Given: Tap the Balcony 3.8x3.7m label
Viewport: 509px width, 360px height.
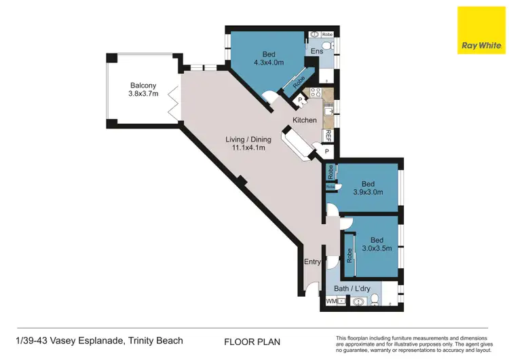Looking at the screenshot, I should tap(144, 90).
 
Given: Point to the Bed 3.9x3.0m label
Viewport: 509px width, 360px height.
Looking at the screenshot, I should tap(368, 187).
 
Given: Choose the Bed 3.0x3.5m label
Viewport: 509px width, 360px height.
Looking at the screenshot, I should tap(377, 245).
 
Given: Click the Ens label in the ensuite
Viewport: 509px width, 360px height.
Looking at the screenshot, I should tap(316, 50).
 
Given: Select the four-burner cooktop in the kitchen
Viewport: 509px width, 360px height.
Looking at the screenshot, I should tap(315, 92).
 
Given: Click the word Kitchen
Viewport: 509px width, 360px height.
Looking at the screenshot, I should tap(305, 120).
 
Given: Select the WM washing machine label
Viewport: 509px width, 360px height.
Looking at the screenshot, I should tap(331, 300).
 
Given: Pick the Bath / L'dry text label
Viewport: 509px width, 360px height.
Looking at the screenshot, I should tap(351, 289).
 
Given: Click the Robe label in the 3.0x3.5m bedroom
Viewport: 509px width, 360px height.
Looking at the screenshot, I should tap(350, 255).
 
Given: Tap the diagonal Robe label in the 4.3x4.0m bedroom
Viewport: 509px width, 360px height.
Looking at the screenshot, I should tap(299, 84).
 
